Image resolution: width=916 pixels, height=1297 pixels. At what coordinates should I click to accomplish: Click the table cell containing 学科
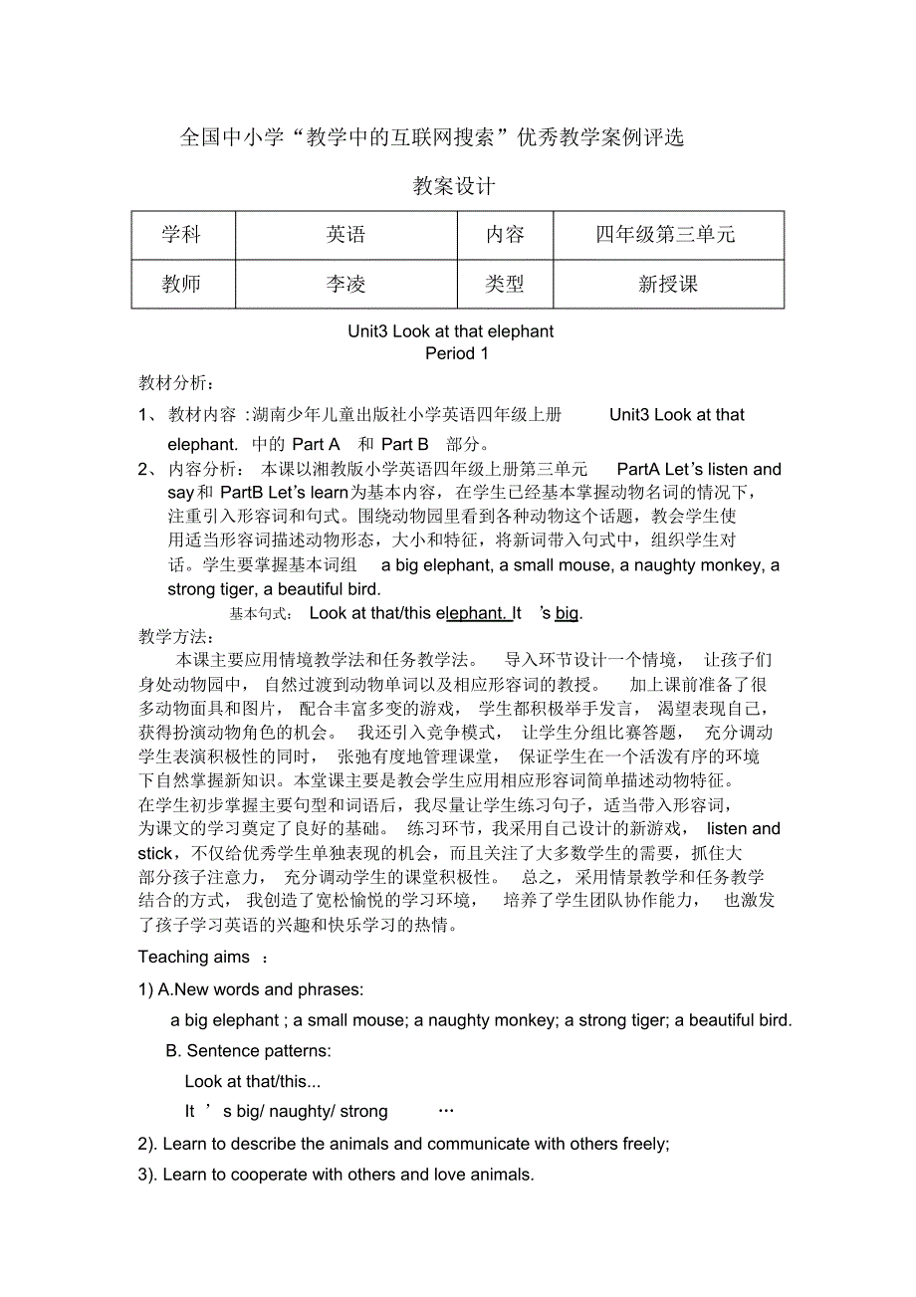(182, 235)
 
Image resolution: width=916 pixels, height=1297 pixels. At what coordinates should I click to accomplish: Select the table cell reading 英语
(345, 235)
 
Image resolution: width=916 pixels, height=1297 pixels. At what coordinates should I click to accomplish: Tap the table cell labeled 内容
(505, 235)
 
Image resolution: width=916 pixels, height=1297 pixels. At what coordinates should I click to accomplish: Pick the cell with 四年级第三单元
(667, 235)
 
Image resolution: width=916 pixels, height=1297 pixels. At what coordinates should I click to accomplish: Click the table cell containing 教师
(182, 285)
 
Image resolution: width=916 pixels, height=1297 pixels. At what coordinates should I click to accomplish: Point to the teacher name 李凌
(345, 285)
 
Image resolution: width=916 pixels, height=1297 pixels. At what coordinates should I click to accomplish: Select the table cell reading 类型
(505, 285)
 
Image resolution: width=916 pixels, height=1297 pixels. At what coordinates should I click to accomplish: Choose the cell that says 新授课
(667, 285)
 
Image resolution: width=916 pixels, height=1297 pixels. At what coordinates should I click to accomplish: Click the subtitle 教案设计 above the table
(454, 186)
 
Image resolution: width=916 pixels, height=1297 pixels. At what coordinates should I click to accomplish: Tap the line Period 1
(457, 353)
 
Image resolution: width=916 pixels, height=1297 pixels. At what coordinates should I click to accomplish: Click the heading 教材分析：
(176, 383)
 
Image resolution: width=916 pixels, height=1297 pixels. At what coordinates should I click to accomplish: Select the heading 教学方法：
(176, 636)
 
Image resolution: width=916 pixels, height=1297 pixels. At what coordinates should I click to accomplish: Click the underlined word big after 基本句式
(567, 613)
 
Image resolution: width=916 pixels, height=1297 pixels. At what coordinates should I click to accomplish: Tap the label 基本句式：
(261, 614)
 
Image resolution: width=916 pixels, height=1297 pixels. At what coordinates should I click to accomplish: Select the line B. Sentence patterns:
(249, 1051)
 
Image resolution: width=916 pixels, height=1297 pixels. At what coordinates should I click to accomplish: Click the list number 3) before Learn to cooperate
(147, 1176)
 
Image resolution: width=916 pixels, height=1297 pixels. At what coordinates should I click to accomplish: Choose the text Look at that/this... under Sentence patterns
(253, 1082)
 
